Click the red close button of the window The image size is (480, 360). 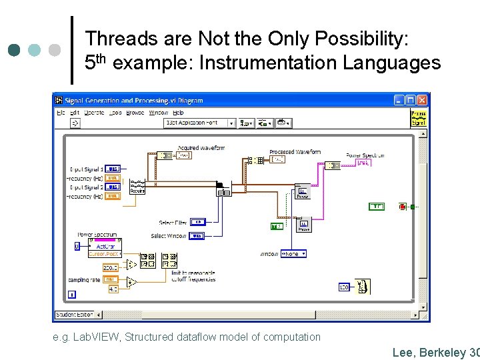[x=422, y=100]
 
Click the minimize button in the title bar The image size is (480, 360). [x=399, y=100]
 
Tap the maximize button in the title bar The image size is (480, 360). [x=410, y=100]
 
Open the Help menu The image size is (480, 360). [x=178, y=113]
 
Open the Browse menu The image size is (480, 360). [x=135, y=113]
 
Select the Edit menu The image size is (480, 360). [x=74, y=113]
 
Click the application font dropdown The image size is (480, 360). [x=201, y=123]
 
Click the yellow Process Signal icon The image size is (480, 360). [x=419, y=118]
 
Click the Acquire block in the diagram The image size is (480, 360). [x=137, y=187]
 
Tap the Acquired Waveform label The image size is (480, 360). [x=201, y=148]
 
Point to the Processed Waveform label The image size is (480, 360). [x=295, y=153]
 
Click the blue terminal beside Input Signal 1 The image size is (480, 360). [x=113, y=169]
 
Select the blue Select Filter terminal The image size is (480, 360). [x=199, y=222]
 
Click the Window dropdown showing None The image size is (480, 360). [x=293, y=254]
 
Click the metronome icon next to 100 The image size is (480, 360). [x=363, y=287]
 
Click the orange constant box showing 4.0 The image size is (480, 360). [x=112, y=289]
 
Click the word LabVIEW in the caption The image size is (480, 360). [x=96, y=337]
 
